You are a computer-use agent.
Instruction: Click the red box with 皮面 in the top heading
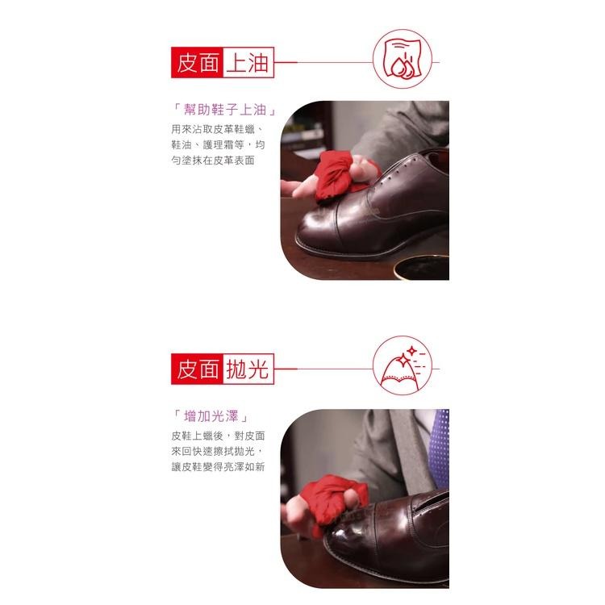198,62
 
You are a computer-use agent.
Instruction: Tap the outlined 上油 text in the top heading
248,62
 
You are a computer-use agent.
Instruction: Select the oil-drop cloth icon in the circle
402,61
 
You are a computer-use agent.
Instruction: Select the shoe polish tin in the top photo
419,266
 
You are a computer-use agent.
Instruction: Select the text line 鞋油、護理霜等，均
218,144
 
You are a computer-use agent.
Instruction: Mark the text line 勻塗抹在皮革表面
213,161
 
